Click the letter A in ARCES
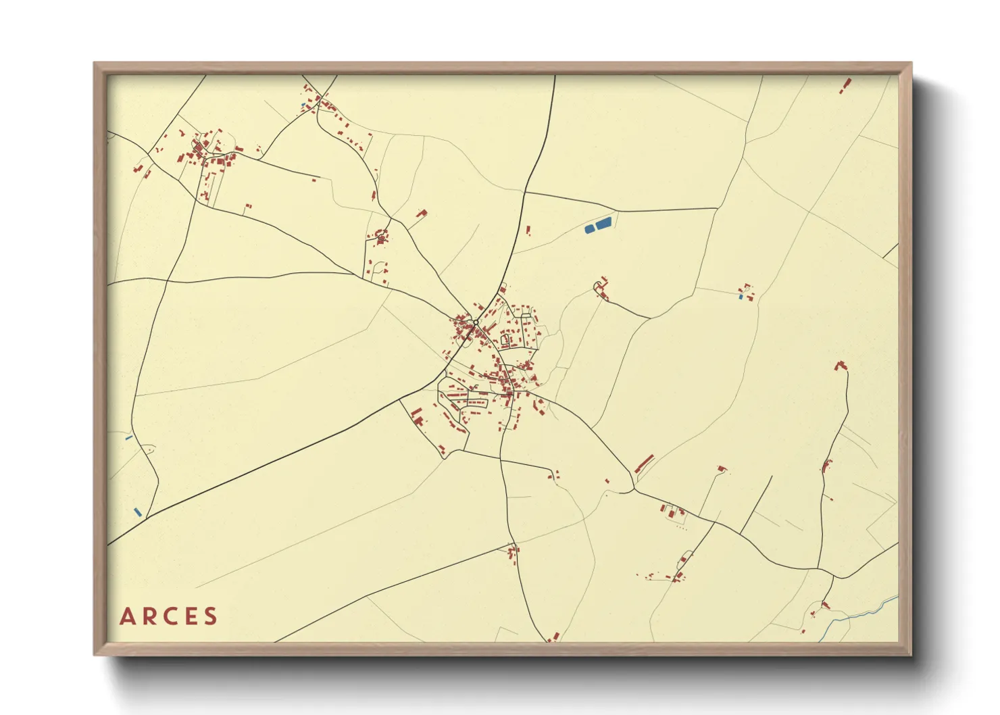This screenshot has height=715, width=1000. tap(127, 616)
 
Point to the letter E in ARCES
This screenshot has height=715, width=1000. tap(191, 616)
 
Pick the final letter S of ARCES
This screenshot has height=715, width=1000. tap(211, 616)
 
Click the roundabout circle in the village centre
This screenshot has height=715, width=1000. tap(476, 322)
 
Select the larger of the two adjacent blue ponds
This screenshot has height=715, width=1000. tap(603, 222)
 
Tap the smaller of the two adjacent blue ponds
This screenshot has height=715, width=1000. tap(589, 229)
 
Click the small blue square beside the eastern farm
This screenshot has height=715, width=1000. tap(741, 297)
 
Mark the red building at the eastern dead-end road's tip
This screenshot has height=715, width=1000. tap(841, 366)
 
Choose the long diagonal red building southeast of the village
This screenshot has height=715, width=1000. tap(645, 464)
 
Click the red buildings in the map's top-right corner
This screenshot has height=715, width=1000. tap(845, 86)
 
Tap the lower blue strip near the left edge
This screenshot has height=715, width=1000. tap(138, 512)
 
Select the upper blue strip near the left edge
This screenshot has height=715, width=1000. tap(128, 438)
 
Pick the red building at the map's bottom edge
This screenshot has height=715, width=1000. tap(555, 637)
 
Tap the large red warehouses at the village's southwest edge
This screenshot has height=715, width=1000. tap(418, 416)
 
